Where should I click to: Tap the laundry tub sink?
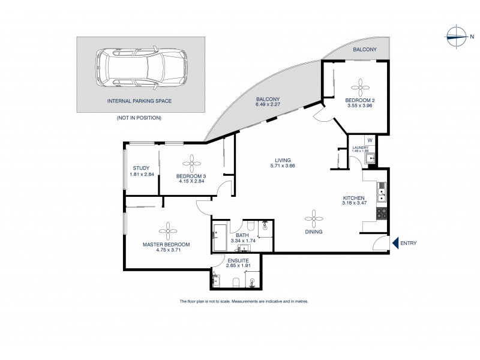coord(371,158)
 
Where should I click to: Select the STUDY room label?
coord(142,168)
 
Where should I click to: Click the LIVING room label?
coord(283,160)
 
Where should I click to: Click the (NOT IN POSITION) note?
coord(139,118)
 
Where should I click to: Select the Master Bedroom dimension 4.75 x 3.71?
coord(166,251)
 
